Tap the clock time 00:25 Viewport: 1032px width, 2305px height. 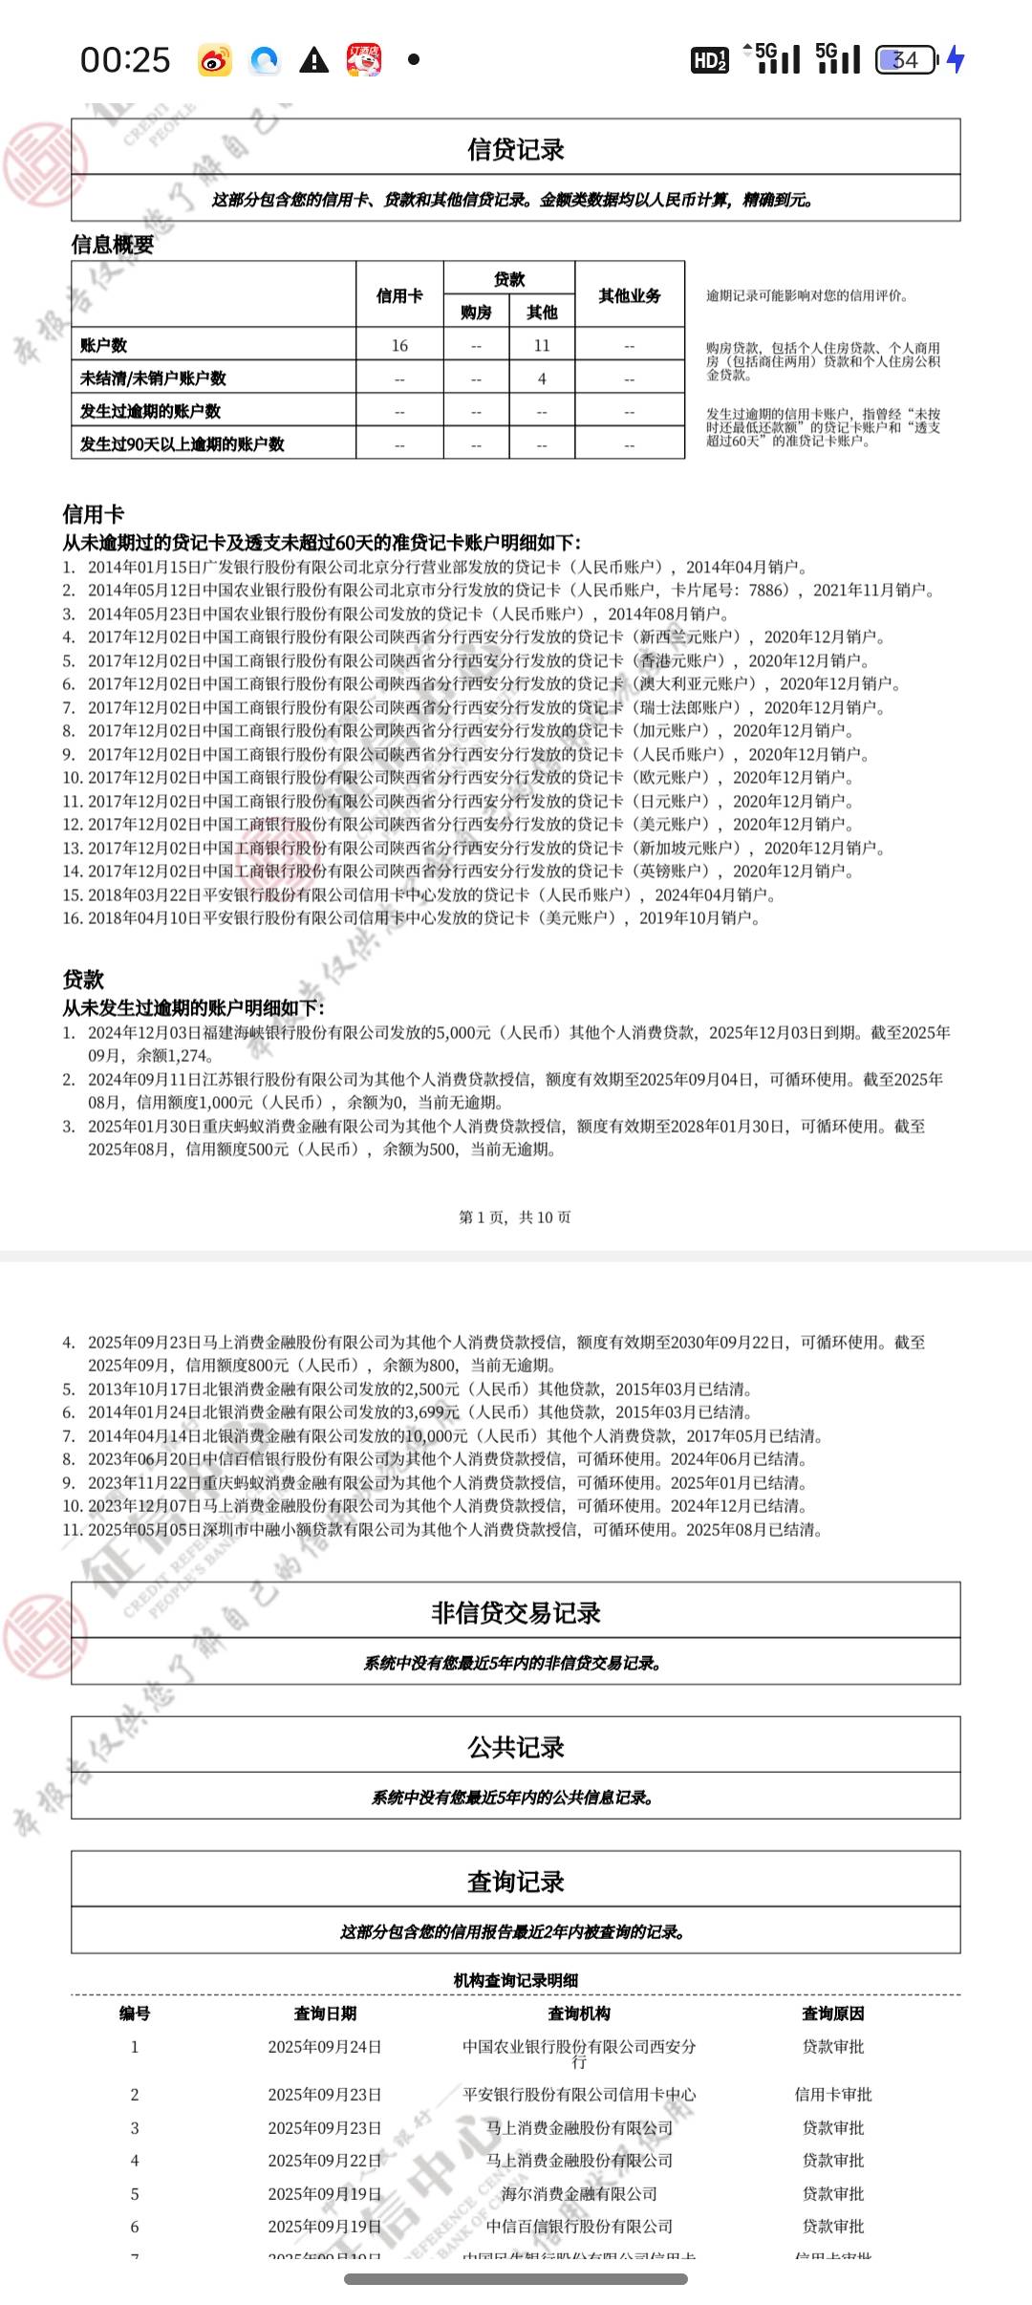pyautogui.click(x=125, y=60)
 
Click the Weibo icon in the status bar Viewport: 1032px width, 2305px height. pyautogui.click(x=215, y=61)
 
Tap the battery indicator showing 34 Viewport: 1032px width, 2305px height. pyautogui.click(x=905, y=60)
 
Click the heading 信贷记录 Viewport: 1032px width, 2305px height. pyautogui.click(x=516, y=149)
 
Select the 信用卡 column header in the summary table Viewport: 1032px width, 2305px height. pyautogui.click(x=399, y=296)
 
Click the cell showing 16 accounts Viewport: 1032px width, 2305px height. pyautogui.click(x=399, y=346)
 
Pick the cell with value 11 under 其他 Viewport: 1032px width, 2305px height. pyautogui.click(x=542, y=346)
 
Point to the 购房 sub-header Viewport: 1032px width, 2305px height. pyautogui.click(x=476, y=312)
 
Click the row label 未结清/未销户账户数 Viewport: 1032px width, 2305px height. pyautogui.click(x=153, y=378)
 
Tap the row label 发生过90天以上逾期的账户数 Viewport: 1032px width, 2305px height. pyautogui.click(x=182, y=444)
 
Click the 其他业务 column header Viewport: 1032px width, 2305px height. pyautogui.click(x=630, y=296)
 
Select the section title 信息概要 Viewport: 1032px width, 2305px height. pyautogui.click(x=113, y=245)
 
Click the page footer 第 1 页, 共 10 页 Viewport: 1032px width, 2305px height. pyautogui.click(x=515, y=1217)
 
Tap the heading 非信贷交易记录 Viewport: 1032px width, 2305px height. pyautogui.click(x=516, y=1613)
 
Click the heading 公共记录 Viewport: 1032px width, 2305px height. pyautogui.click(x=516, y=1748)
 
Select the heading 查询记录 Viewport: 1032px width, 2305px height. pyautogui.click(x=516, y=1882)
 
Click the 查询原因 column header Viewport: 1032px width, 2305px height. pyautogui.click(x=833, y=2014)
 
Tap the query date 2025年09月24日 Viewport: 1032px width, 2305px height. pyautogui.click(x=325, y=2047)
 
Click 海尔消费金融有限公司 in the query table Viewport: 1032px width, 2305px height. pyautogui.click(x=579, y=2193)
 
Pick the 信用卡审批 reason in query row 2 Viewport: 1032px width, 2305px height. pyautogui.click(x=833, y=2095)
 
